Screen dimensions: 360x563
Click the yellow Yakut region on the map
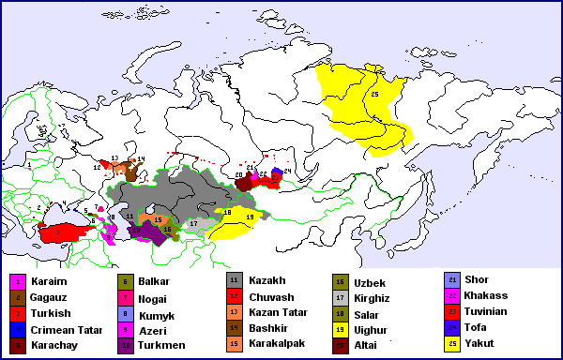(x=361, y=103)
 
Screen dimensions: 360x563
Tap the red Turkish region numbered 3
(x=61, y=233)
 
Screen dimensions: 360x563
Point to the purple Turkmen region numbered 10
(x=140, y=231)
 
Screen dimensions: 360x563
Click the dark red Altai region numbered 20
(x=245, y=184)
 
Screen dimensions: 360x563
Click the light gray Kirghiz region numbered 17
(x=191, y=225)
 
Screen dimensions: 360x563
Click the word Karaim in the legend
(x=50, y=280)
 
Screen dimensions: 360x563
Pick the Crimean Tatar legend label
(x=64, y=329)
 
